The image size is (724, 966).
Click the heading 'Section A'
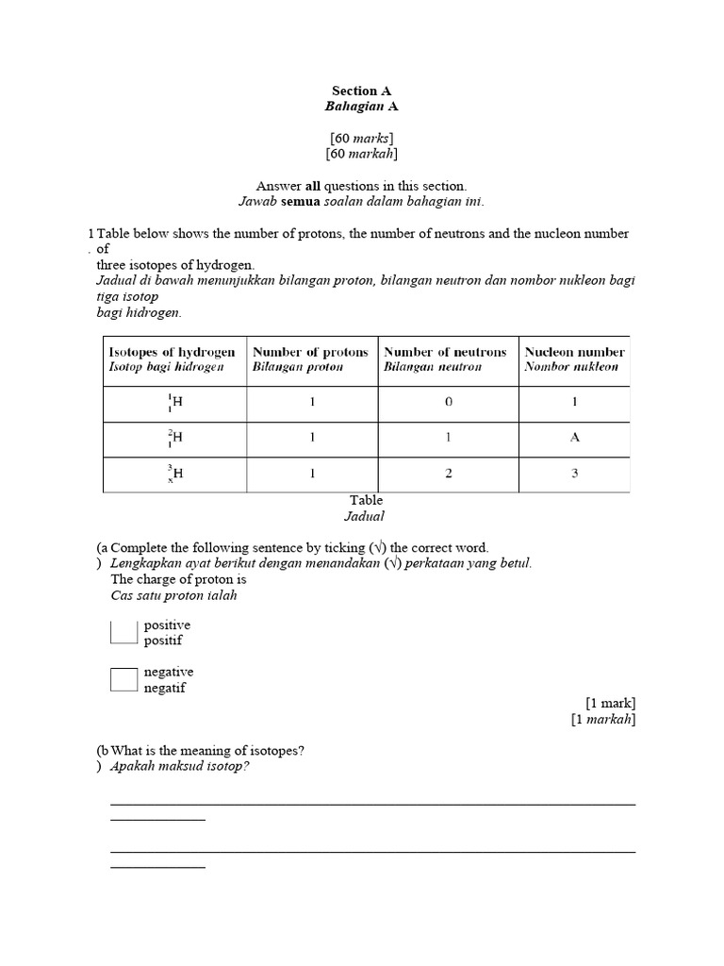pyautogui.click(x=361, y=91)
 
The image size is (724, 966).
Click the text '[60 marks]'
pyautogui.click(x=361, y=137)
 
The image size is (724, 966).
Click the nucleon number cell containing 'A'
pyautogui.click(x=575, y=438)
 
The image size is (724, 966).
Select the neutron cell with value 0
pyautogui.click(x=449, y=402)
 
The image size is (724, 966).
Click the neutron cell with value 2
pyautogui.click(x=449, y=474)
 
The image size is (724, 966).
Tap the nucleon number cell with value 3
pyautogui.click(x=575, y=474)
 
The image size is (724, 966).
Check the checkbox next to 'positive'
pyautogui.click(x=123, y=632)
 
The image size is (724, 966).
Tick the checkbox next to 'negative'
pyautogui.click(x=123, y=679)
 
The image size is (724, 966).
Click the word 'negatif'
pyautogui.click(x=164, y=688)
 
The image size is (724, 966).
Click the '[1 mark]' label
pyautogui.click(x=610, y=703)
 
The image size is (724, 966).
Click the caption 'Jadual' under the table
pyautogui.click(x=365, y=516)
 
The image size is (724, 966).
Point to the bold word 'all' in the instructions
pyautogui.click(x=314, y=186)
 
